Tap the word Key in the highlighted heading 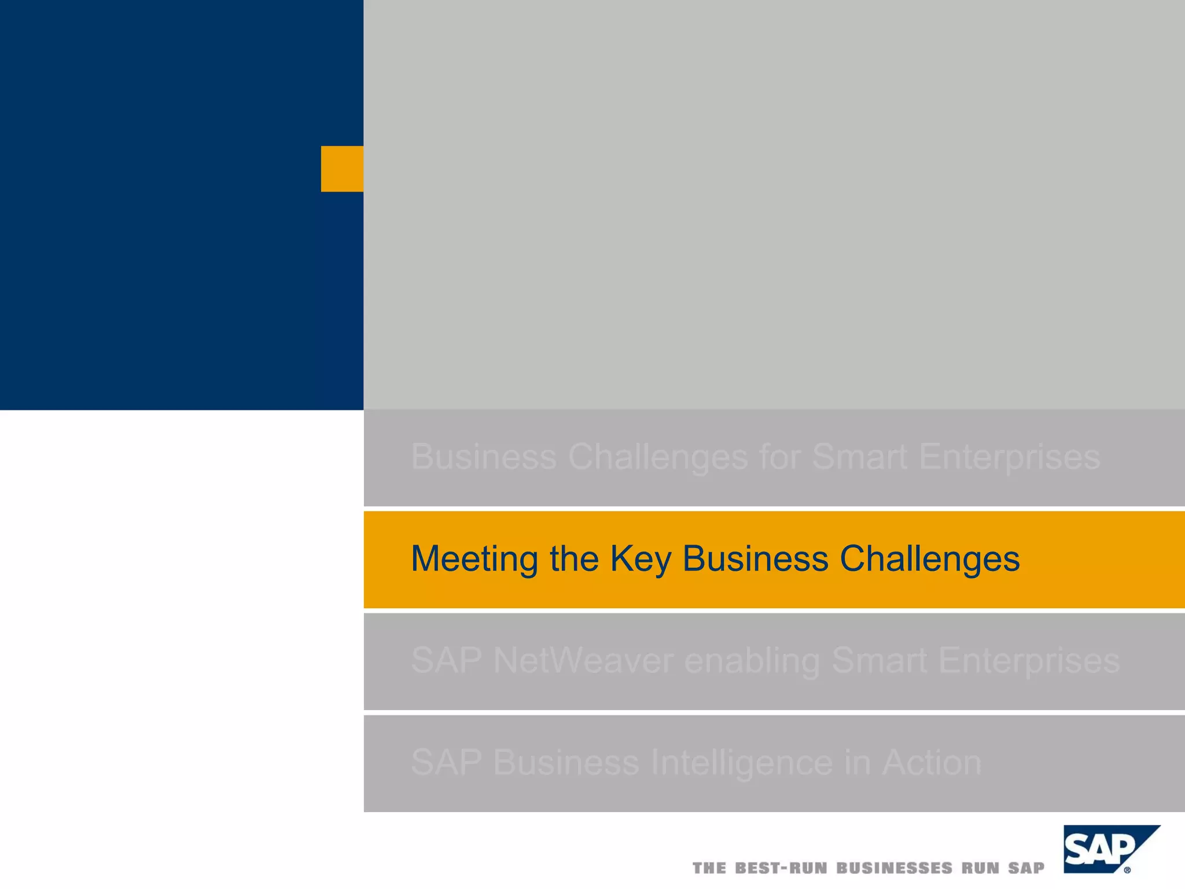[x=641, y=559]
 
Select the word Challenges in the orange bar [x=929, y=559]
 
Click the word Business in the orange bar [x=755, y=559]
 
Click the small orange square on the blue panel [x=342, y=168]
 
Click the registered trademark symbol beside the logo [x=1127, y=870]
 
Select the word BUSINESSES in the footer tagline [x=894, y=868]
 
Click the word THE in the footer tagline [x=709, y=868]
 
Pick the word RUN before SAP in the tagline [x=980, y=868]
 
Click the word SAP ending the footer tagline [x=1026, y=868]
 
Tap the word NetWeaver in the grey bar [x=583, y=660]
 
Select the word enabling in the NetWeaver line [x=752, y=660]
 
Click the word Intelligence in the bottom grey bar [x=742, y=762]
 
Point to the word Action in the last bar [x=932, y=762]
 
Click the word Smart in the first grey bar [x=860, y=457]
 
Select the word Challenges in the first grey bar [x=658, y=457]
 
